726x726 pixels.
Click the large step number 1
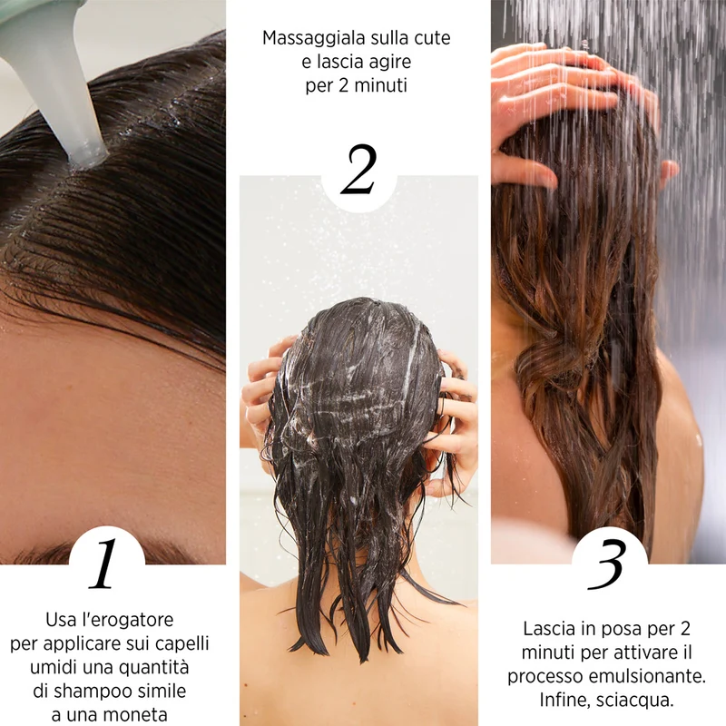coord(103,564)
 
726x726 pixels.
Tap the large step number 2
coord(358,170)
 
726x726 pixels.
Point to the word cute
coord(432,38)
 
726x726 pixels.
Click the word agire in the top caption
coord(388,63)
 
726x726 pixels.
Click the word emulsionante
coord(647,676)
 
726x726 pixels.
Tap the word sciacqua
coord(634,701)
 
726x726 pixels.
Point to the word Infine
coord(564,701)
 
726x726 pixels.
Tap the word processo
coord(545,677)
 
